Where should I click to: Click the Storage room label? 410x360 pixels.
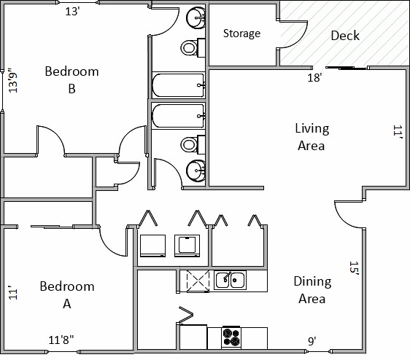241,34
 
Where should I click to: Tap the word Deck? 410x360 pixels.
345,36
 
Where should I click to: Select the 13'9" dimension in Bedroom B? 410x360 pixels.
13,80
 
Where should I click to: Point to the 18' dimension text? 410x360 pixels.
314,77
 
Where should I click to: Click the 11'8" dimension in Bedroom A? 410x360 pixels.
61,340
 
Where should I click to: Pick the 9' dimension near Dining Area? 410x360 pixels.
312,341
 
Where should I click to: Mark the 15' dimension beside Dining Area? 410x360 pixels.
354,267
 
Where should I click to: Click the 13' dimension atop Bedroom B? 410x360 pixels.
72,12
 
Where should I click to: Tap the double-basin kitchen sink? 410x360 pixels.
230,281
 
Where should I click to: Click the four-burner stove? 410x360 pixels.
231,337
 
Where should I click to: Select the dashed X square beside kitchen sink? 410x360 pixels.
198,281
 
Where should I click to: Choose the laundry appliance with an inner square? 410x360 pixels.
187,246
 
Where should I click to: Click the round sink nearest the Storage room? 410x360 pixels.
196,17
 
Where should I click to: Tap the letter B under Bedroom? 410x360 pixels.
72,89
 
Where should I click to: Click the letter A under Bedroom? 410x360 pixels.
67,304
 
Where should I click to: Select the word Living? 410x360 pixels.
312,129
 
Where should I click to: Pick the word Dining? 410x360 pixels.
312,282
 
